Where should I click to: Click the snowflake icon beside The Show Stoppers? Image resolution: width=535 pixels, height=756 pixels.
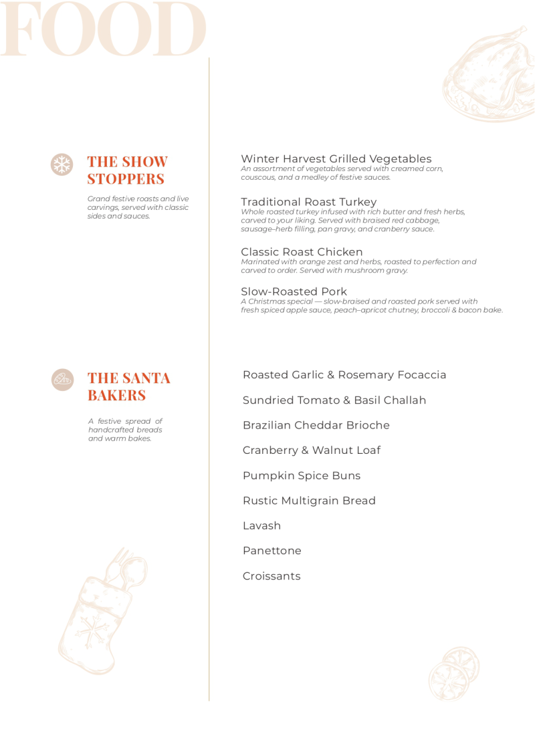pyautogui.click(x=62, y=164)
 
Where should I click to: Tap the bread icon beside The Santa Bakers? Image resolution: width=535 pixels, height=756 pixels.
pyautogui.click(x=62, y=379)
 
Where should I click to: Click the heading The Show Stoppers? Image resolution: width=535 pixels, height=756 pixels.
pyautogui.click(x=127, y=170)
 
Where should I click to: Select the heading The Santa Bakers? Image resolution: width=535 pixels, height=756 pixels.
pyautogui.click(x=129, y=386)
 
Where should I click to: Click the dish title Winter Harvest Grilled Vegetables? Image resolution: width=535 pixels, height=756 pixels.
pyautogui.click(x=336, y=159)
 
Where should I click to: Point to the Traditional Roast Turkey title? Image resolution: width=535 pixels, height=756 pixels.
pyautogui.click(x=308, y=202)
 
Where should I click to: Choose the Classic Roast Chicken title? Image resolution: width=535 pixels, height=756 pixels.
pyautogui.click(x=302, y=252)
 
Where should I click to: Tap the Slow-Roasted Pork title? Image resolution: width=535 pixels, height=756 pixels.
pyautogui.click(x=294, y=291)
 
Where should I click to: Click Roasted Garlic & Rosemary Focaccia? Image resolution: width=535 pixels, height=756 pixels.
pyautogui.click(x=344, y=375)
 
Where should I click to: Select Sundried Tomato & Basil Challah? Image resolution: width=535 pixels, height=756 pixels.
pyautogui.click(x=334, y=400)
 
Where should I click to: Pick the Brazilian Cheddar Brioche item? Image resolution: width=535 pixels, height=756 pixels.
pyautogui.click(x=316, y=425)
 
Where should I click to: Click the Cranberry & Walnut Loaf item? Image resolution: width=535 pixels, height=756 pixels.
pyautogui.click(x=311, y=451)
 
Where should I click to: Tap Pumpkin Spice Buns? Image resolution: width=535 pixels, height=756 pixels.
pyautogui.click(x=301, y=476)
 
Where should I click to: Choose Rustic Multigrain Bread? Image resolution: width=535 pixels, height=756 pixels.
pyautogui.click(x=309, y=501)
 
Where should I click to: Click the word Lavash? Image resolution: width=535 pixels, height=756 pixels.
pyautogui.click(x=261, y=526)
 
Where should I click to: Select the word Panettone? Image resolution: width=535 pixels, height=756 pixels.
pyautogui.click(x=272, y=551)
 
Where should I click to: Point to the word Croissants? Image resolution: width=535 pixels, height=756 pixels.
pyautogui.click(x=272, y=576)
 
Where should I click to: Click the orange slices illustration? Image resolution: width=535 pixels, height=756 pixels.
pyautogui.click(x=454, y=673)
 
